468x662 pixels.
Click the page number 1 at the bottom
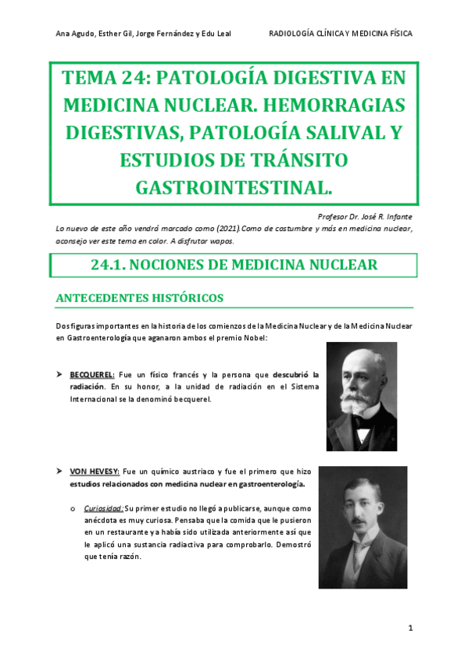(409, 628)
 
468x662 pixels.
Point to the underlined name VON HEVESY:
(94, 472)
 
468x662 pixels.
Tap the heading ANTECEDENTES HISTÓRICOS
(140, 298)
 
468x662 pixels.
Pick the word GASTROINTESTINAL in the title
(234, 188)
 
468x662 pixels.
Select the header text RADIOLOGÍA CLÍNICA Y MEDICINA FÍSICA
(340, 34)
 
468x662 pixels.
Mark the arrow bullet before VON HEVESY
(59, 472)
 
